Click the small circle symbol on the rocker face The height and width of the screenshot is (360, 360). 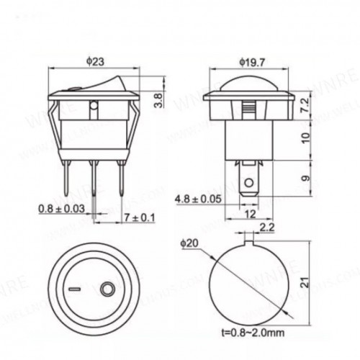point(107,289)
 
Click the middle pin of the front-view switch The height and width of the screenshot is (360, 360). point(94,184)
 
